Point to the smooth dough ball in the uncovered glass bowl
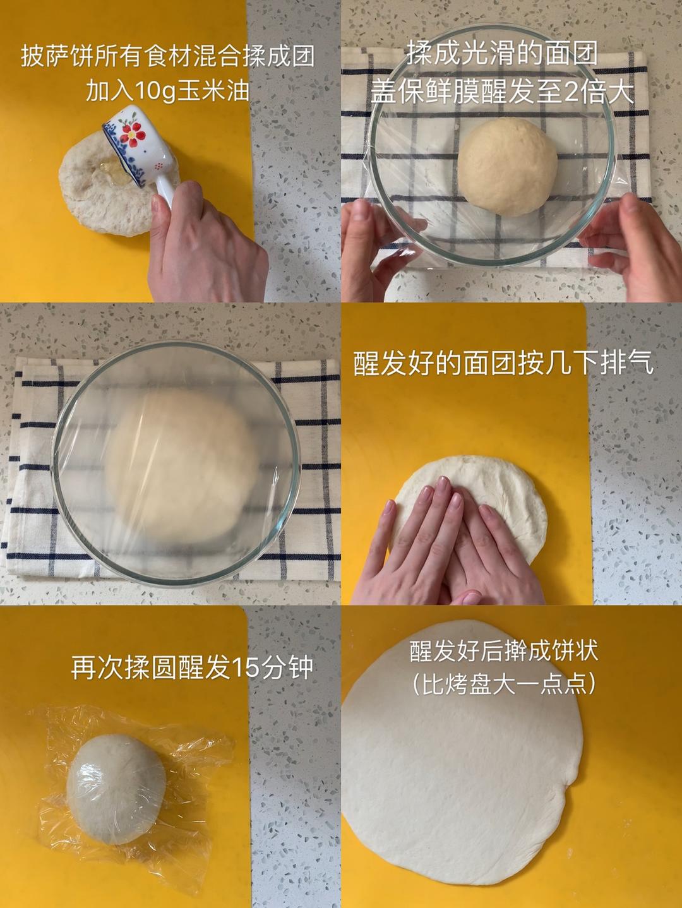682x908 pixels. (508, 167)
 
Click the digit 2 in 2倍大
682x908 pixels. (571, 91)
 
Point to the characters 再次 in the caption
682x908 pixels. (97, 667)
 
